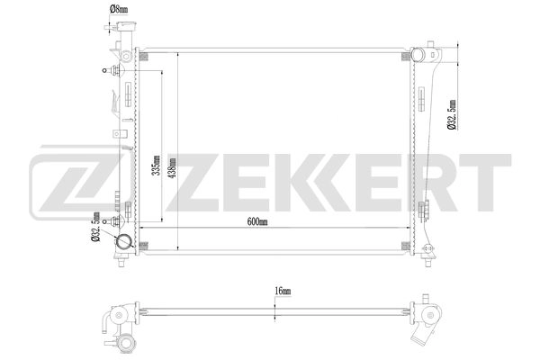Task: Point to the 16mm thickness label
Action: (x=283, y=291)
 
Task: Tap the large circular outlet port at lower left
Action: (x=122, y=243)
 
